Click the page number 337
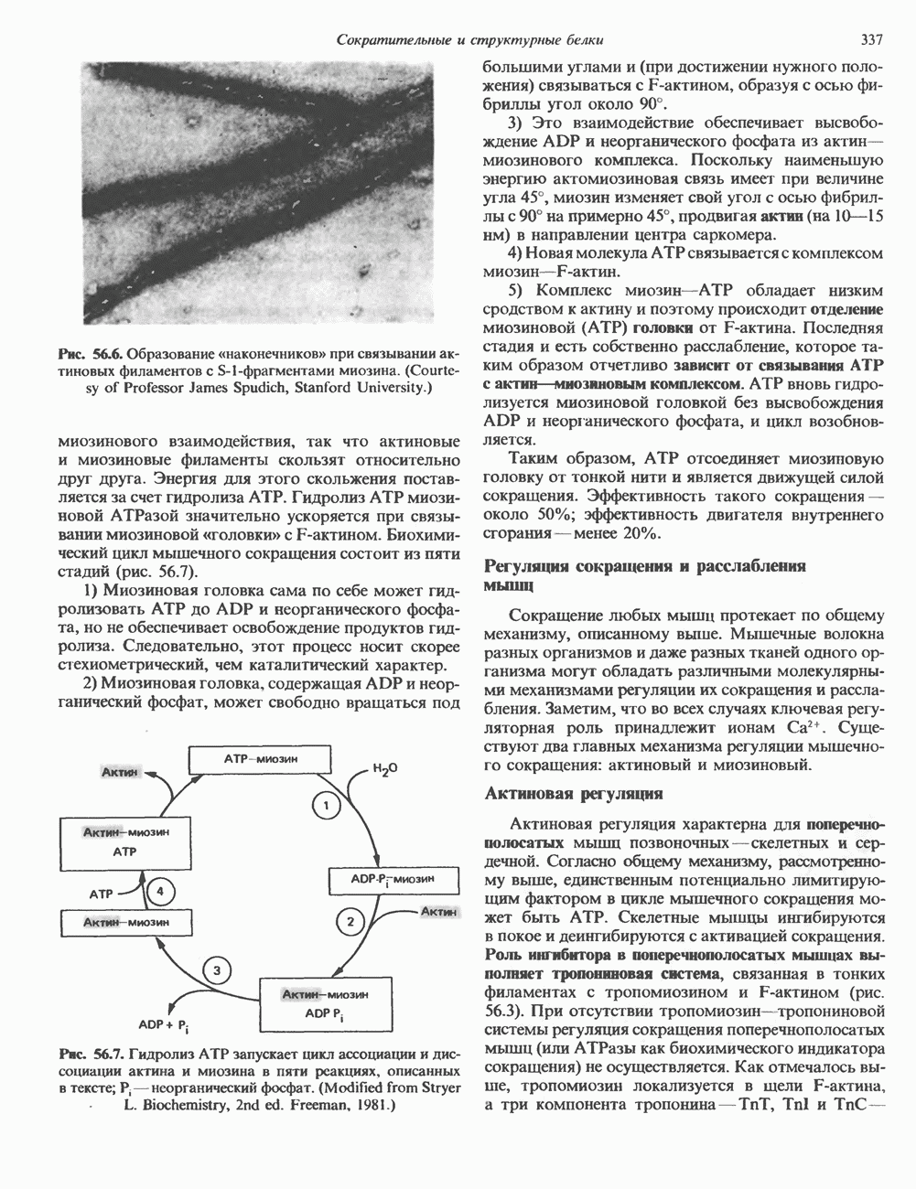click(x=870, y=39)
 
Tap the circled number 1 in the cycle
click(x=326, y=805)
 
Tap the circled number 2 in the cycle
click(x=349, y=921)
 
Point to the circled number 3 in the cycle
click(x=217, y=971)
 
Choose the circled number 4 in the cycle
click(x=160, y=890)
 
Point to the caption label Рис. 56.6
click(x=89, y=354)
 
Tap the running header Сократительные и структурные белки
click(x=469, y=39)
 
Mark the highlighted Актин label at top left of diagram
click(x=120, y=774)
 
